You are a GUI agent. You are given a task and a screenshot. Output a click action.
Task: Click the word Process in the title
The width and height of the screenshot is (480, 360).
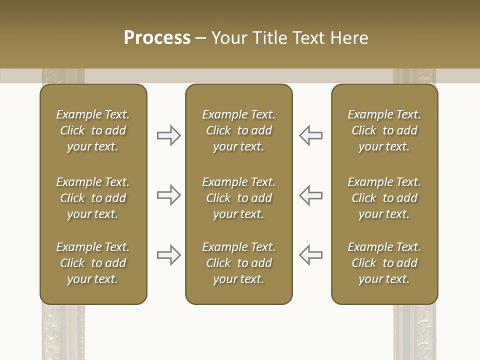[x=157, y=38]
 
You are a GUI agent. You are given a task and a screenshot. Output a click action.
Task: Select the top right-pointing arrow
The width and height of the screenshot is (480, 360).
[x=169, y=135]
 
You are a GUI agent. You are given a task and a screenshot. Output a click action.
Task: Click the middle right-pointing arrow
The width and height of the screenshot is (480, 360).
[x=169, y=195]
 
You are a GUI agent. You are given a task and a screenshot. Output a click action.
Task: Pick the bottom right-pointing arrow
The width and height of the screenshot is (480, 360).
[x=169, y=255]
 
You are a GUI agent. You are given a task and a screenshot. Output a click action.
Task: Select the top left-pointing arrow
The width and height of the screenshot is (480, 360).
[x=311, y=135]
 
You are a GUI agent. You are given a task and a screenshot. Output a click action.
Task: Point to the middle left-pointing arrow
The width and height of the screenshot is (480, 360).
[x=311, y=195]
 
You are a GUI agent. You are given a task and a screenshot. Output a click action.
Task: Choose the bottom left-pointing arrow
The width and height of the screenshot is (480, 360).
[x=311, y=255]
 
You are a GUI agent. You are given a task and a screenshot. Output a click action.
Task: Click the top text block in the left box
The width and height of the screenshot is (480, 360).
[x=93, y=130]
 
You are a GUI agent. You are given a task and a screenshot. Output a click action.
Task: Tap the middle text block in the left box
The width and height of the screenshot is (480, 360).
[x=93, y=198]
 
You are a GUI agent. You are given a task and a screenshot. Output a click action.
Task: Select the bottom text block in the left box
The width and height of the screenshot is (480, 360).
[x=93, y=263]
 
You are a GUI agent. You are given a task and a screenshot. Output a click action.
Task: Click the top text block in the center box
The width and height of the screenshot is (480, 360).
[x=238, y=130]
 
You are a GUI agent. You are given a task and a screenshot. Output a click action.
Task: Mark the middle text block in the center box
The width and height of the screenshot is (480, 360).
[x=238, y=198]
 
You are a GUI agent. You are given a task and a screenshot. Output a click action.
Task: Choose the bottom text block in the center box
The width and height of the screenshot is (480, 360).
[x=238, y=263]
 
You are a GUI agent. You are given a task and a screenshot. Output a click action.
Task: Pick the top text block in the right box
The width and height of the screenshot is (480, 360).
[x=384, y=130]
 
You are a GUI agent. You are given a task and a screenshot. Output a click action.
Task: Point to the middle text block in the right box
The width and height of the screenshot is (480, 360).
[x=384, y=198]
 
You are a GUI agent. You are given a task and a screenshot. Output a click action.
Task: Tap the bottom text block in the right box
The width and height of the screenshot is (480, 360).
[x=384, y=263]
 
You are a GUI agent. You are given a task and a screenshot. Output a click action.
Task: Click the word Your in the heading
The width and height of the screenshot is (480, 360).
[x=228, y=38]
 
